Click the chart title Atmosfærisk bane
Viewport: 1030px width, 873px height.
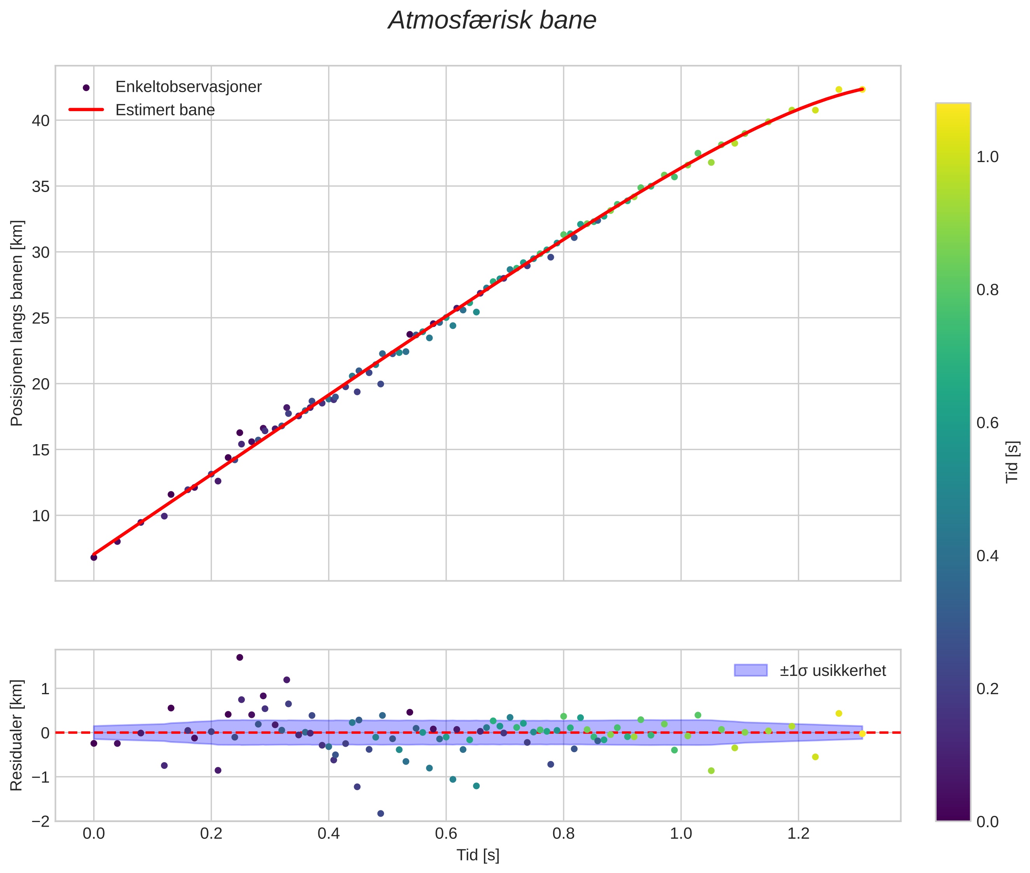(492, 21)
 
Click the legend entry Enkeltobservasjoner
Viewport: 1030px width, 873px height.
(188, 87)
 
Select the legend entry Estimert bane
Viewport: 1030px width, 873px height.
(165, 110)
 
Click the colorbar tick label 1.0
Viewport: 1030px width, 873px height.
(987, 157)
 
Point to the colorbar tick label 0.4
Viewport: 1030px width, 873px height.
(987, 556)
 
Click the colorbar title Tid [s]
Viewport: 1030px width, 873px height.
(1013, 462)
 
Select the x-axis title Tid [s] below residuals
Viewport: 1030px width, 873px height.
(478, 855)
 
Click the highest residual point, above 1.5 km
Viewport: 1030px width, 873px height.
(239, 657)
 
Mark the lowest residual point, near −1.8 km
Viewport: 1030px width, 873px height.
(381, 814)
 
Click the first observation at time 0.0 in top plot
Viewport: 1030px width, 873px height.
(94, 557)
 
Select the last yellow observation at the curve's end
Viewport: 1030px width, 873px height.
(862, 89)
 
